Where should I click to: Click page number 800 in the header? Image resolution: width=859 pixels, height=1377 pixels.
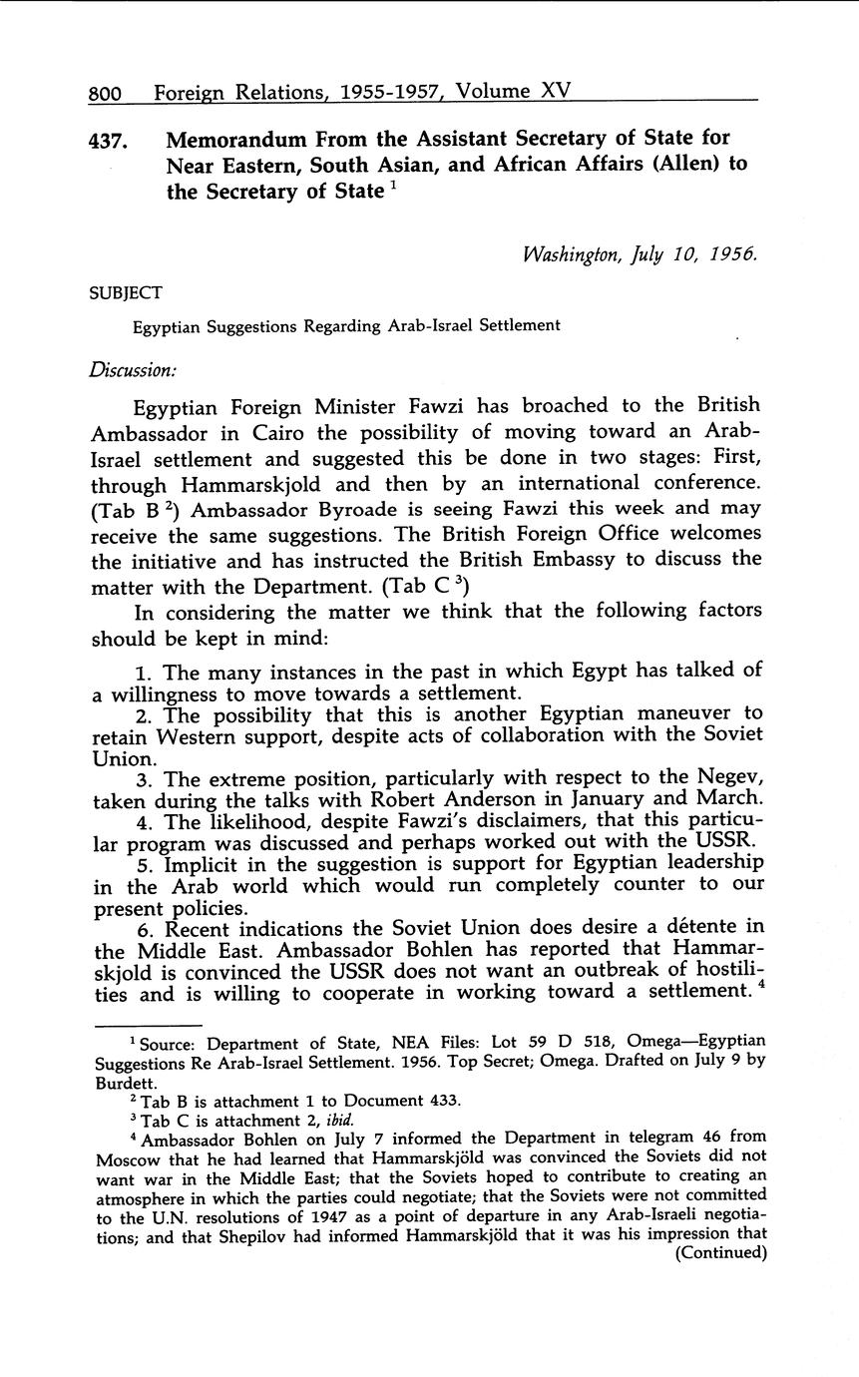tap(105, 94)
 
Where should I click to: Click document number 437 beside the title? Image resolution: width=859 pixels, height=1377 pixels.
tap(109, 142)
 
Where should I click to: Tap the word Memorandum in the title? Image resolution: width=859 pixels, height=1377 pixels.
tap(245, 138)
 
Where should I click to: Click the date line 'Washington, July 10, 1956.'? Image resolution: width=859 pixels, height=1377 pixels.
tap(640, 253)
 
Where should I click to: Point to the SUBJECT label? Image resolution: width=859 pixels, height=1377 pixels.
tap(126, 292)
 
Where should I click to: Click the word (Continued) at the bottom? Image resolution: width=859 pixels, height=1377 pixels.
tap(720, 1253)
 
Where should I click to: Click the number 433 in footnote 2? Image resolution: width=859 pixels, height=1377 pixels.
tap(440, 1101)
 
